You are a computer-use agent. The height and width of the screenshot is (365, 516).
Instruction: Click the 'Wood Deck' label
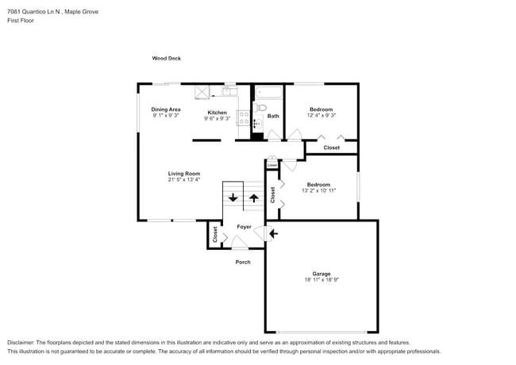[x=166, y=59]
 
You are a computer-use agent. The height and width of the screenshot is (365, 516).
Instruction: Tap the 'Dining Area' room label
[x=166, y=109]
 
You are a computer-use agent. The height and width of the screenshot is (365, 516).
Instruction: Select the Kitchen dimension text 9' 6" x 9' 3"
[x=217, y=119]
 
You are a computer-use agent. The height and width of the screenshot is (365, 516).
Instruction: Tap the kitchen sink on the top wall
[x=230, y=90]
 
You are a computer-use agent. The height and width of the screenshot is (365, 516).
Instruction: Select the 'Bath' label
[x=273, y=117]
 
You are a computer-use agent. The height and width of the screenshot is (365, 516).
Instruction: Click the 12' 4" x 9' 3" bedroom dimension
[x=321, y=116]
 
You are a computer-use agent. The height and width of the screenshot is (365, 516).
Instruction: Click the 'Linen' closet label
[x=272, y=165]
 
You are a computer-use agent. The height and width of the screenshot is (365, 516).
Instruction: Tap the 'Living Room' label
[x=183, y=173]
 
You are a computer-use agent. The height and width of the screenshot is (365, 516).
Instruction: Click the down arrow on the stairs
[x=233, y=198]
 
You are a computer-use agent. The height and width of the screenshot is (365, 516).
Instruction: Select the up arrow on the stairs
[x=254, y=198]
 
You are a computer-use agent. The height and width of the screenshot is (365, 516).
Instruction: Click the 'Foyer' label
[x=244, y=227]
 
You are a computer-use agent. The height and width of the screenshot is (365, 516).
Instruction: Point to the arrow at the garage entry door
[x=274, y=233]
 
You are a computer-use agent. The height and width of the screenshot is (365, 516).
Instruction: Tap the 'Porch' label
[x=243, y=262]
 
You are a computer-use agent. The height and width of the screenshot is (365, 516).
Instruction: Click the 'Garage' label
[x=321, y=273]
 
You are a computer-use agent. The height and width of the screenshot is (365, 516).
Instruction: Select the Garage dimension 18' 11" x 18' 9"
[x=321, y=280]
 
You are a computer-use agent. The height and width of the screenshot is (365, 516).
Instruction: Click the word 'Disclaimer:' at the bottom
[x=21, y=342]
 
